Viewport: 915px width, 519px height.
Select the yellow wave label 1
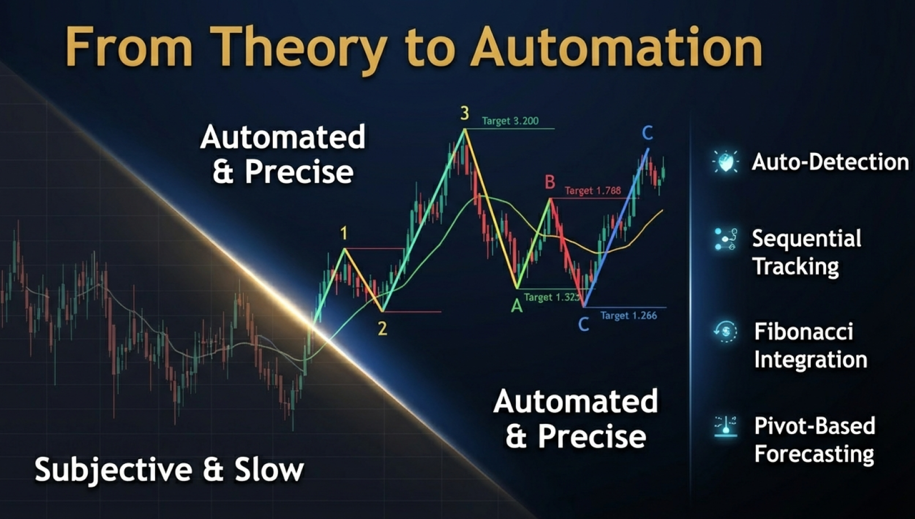pos(344,233)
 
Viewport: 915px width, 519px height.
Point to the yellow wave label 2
pos(382,328)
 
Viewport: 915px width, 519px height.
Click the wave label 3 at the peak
pos(464,113)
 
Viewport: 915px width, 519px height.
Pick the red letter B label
pos(550,182)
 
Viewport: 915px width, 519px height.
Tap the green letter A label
pos(517,306)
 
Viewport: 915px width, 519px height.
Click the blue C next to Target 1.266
pos(584,325)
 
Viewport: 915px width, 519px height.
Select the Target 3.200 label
pos(510,121)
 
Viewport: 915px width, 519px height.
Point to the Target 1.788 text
pos(593,191)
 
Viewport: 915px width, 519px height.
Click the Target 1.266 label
pos(628,316)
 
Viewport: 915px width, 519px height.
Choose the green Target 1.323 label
pos(552,297)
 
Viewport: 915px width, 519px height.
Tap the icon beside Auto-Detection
pos(725,162)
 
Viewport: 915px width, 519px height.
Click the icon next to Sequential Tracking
pos(725,239)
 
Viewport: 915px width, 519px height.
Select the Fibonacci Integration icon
pos(725,331)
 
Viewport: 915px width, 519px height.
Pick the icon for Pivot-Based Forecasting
pos(725,427)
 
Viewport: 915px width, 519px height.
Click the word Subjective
pos(114,470)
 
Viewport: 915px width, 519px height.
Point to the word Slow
pos(269,470)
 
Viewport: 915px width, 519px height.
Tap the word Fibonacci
pos(803,331)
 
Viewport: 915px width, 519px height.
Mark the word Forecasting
pos(814,454)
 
